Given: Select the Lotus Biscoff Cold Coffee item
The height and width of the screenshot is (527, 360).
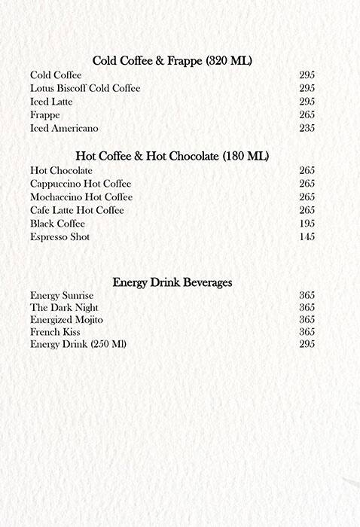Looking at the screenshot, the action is tap(85, 89).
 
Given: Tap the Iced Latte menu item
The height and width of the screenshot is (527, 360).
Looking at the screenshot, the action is tap(52, 102).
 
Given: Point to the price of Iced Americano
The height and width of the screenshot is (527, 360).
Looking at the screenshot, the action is tap(307, 129).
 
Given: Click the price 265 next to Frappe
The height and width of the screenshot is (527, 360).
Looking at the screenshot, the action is tap(307, 115).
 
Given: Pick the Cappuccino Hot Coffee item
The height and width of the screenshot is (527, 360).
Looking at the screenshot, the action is tap(81, 184).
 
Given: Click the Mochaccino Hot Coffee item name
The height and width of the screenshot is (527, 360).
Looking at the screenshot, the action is tap(81, 197).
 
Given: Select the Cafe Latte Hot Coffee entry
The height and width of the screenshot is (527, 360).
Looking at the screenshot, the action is tap(77, 210).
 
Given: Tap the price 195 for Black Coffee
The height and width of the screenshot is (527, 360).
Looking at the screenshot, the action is tap(307, 224).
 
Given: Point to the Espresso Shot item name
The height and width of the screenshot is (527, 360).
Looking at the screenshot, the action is tap(59, 237).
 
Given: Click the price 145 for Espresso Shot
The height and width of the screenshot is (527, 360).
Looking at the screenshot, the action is tap(307, 237).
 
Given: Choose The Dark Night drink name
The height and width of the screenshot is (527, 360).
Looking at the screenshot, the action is tap(64, 308).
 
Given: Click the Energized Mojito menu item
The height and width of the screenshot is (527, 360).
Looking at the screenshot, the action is tap(67, 320).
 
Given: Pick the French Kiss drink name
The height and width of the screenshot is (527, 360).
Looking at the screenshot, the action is tap(55, 332).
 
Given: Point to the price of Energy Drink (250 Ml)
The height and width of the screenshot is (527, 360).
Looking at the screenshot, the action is tap(307, 344).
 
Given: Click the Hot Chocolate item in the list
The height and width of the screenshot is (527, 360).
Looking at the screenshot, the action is tap(61, 171).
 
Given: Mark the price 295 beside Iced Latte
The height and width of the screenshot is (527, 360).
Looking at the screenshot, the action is tap(307, 102).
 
